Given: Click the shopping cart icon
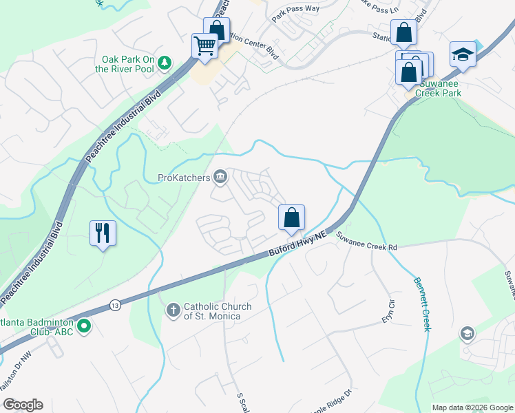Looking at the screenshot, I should pos(205,46).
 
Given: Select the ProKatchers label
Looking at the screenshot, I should pos(183,178).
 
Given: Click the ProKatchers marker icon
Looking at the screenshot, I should pos(220,178).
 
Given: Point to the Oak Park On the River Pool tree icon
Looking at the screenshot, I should pos(165,63).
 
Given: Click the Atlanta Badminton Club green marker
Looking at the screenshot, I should pos(84,325).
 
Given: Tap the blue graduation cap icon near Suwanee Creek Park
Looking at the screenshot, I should pos(463,54).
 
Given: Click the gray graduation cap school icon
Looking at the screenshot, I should pos(467,334).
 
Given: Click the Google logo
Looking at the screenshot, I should pos(23,405).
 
